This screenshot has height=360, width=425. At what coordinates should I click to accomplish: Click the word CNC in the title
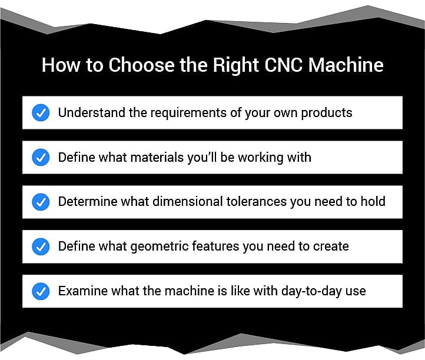(x=283, y=65)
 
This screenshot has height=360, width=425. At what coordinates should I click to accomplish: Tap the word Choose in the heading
(x=141, y=65)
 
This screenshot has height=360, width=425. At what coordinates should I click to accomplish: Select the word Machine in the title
(x=346, y=65)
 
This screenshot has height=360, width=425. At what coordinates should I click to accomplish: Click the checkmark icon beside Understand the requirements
(x=41, y=112)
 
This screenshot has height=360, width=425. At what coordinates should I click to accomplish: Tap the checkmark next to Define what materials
(x=41, y=157)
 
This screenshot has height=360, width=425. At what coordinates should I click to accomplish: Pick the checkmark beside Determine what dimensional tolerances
(x=41, y=202)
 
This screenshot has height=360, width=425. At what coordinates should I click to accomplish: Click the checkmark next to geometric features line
(x=41, y=246)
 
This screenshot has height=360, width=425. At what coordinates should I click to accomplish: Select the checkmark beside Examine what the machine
(x=41, y=291)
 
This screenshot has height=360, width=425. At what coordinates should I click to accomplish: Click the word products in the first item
(x=327, y=113)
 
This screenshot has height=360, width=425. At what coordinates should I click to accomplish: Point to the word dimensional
(x=188, y=202)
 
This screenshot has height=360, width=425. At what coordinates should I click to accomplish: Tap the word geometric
(x=160, y=247)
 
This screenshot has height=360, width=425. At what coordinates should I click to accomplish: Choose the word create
(x=331, y=246)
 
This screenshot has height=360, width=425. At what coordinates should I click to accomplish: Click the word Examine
(x=83, y=291)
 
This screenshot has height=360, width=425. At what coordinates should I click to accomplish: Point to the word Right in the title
(x=235, y=65)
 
